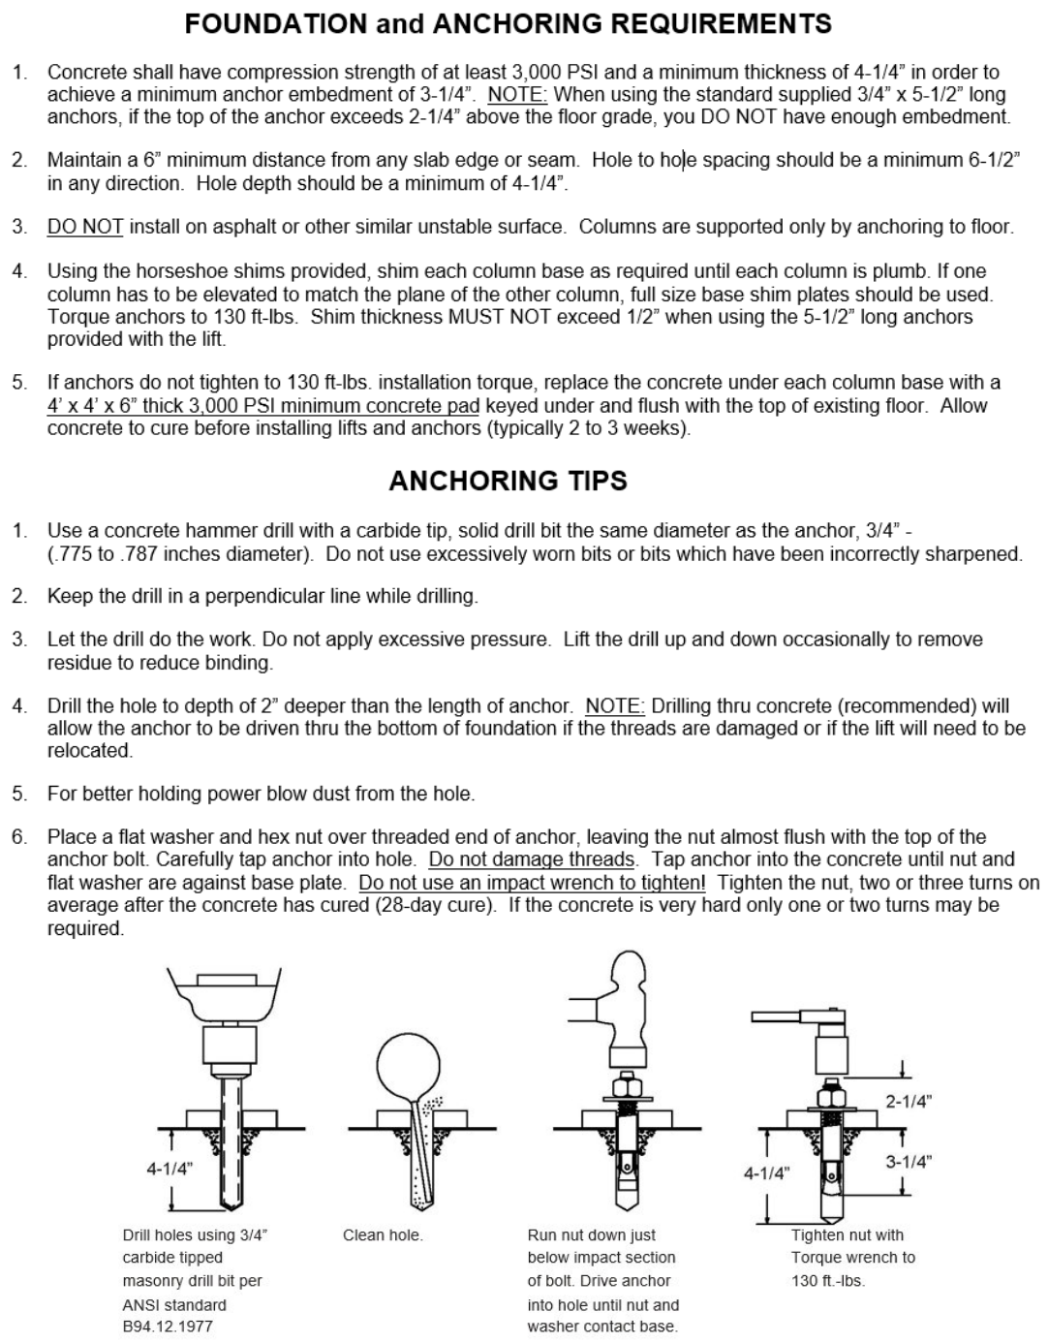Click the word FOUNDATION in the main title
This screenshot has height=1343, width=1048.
[x=276, y=24]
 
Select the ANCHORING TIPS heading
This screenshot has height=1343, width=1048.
[x=508, y=481]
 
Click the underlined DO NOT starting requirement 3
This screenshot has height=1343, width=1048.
[x=85, y=227]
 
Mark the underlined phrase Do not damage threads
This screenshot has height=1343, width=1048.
[x=531, y=859]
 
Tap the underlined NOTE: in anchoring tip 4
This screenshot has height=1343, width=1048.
[x=614, y=705]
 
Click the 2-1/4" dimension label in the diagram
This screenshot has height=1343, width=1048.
[x=908, y=1102]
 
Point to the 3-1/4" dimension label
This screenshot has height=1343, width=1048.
[x=908, y=1162]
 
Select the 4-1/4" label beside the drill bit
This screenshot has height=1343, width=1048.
[x=170, y=1169]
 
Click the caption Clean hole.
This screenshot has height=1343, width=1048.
[x=383, y=1235]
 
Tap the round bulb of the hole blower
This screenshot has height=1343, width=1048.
[x=408, y=1066]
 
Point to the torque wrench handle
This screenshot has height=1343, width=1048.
[x=776, y=1016]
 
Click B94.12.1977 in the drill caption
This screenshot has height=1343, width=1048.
[x=168, y=1327]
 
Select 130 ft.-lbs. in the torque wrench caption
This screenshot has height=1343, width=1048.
[x=828, y=1281]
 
